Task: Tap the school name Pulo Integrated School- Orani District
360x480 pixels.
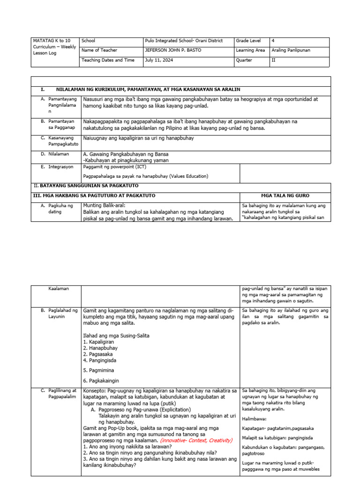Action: pyautogui.click(x=184, y=41)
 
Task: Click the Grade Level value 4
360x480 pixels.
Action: pyautogui.click(x=273, y=41)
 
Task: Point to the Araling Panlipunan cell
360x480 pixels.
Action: pyautogui.click(x=291, y=50)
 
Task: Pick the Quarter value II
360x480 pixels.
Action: pyautogui.click(x=274, y=60)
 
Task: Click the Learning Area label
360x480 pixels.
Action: pyautogui.click(x=250, y=50)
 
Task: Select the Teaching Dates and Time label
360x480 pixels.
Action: pyautogui.click(x=108, y=60)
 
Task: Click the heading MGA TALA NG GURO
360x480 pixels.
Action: pyautogui.click(x=285, y=195)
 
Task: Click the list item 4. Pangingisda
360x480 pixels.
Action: pyautogui.click(x=100, y=360)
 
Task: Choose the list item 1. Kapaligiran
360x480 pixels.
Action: pyautogui.click(x=100, y=342)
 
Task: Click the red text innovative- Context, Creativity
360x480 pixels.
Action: pyautogui.click(x=196, y=441)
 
